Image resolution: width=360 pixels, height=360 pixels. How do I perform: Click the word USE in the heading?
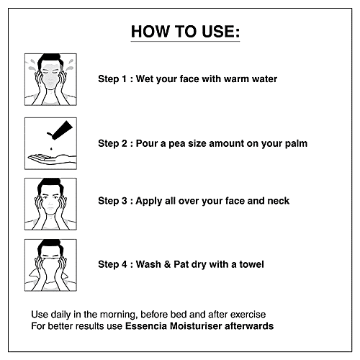(221, 32)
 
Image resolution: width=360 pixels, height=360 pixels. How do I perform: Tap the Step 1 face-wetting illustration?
(50, 79)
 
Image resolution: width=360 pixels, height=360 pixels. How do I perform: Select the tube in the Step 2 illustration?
(60, 130)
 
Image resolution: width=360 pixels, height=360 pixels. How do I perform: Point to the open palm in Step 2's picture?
(52, 159)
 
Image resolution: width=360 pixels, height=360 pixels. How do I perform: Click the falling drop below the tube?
(51, 149)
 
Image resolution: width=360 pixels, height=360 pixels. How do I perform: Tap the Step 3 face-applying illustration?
(50, 204)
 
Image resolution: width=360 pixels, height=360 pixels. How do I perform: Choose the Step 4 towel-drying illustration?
(50, 265)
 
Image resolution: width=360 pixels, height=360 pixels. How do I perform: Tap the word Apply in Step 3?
(149, 201)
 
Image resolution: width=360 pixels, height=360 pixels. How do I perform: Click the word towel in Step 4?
(251, 264)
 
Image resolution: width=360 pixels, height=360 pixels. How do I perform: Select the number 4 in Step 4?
(124, 264)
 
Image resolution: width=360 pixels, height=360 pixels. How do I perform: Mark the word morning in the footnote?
(119, 315)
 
